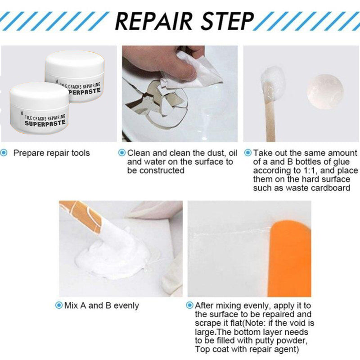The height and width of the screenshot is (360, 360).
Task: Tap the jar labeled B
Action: tap(40, 108)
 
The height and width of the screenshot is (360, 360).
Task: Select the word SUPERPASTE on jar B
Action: tap(45, 123)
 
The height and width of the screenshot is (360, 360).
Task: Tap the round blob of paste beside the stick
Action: tap(325, 92)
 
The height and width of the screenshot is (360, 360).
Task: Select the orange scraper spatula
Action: tap(290, 258)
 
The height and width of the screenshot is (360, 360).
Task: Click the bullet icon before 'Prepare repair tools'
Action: tap(4, 153)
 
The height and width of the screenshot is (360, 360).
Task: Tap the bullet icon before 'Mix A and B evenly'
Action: tap(59, 306)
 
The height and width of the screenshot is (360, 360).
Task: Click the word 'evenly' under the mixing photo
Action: tap(126, 306)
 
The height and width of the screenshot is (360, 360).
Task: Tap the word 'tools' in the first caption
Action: tap(81, 153)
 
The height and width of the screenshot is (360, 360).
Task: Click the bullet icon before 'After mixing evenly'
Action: tap(189, 306)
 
